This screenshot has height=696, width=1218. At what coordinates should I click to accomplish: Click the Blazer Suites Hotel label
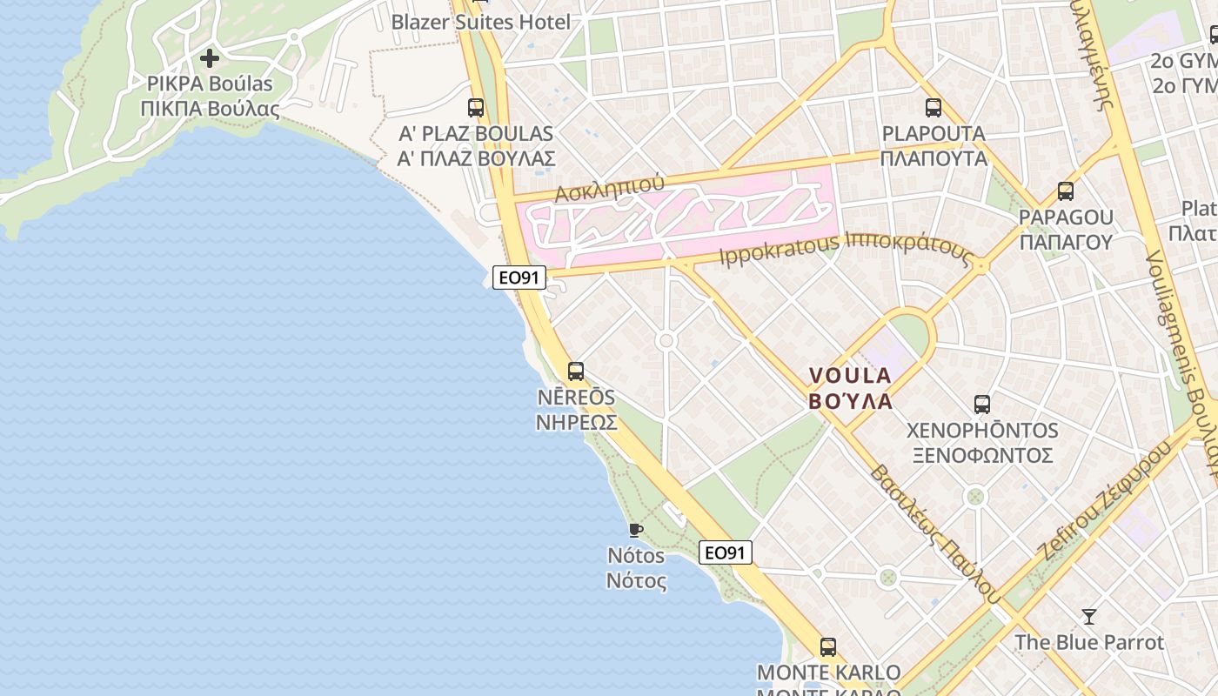(480, 22)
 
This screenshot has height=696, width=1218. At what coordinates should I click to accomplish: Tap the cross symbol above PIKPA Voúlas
(210, 59)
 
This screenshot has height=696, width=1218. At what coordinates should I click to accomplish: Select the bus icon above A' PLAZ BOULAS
(476, 108)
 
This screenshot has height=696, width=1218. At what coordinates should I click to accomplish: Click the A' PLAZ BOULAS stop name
(476, 134)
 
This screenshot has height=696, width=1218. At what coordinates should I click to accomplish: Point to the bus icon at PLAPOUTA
(934, 108)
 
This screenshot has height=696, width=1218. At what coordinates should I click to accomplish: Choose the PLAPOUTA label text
(934, 134)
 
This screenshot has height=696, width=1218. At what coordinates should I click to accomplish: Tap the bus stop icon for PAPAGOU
(1066, 191)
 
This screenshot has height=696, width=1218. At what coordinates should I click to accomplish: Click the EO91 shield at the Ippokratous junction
(519, 278)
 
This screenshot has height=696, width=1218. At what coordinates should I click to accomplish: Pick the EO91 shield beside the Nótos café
(726, 552)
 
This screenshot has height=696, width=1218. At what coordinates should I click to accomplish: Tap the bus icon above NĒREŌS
(576, 371)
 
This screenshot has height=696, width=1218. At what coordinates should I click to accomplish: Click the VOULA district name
(851, 376)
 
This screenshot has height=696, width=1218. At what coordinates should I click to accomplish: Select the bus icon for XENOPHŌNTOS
(982, 405)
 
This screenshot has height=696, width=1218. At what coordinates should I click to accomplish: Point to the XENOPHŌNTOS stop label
(982, 431)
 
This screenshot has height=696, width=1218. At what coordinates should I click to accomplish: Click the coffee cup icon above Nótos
(636, 529)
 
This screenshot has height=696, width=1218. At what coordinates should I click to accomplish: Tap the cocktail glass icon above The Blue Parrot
(1088, 617)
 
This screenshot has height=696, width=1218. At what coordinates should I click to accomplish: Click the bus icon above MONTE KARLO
(828, 647)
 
